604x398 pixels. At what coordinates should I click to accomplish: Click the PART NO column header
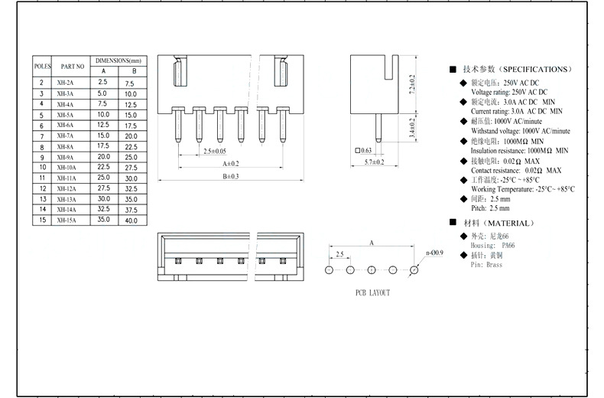(x=72, y=67)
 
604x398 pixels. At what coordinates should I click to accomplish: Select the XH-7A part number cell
(x=65, y=135)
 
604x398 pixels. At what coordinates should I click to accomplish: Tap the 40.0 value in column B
(x=131, y=220)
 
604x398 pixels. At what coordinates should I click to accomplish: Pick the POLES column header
(x=41, y=67)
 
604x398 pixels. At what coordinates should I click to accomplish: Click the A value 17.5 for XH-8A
(x=103, y=145)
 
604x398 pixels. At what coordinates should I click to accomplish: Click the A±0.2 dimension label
(x=230, y=164)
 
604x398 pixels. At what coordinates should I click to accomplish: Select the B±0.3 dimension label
(x=230, y=176)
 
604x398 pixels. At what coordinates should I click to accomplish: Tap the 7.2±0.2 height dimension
(x=412, y=83)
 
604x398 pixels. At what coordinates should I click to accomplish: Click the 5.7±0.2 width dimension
(x=374, y=162)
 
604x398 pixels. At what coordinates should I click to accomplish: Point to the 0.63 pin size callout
(x=365, y=150)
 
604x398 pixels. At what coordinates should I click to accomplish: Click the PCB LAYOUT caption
(x=372, y=293)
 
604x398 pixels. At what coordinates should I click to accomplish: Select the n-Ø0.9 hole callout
(x=433, y=253)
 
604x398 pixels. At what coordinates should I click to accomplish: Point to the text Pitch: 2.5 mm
(x=490, y=208)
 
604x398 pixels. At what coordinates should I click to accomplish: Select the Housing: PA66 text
(x=492, y=246)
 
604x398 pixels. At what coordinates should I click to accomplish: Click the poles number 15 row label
(x=41, y=220)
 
